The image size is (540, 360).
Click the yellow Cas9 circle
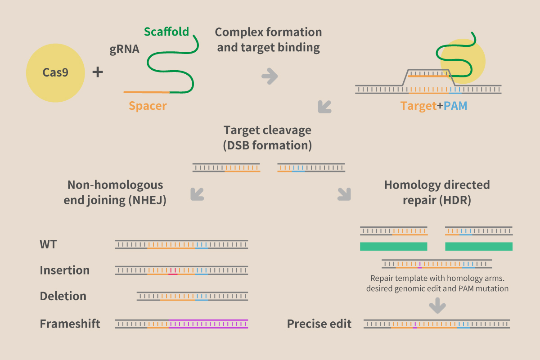[x=55, y=73]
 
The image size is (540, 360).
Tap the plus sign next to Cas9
[x=98, y=72]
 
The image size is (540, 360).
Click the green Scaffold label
[x=166, y=32]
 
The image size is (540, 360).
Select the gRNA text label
[x=124, y=49]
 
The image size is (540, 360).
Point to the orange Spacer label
[x=148, y=106]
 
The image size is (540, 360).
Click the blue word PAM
[x=455, y=106]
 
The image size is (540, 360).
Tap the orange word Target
[x=418, y=106]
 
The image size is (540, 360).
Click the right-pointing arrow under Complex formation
[x=270, y=76]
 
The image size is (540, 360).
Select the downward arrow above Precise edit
[x=437, y=306]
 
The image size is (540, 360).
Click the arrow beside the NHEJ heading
[x=197, y=194]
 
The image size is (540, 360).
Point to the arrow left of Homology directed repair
[x=344, y=194]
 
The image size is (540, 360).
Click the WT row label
[x=48, y=244]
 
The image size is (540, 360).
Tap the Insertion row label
[x=65, y=270]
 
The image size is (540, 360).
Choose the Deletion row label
[x=63, y=296]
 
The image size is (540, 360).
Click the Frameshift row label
[x=70, y=324]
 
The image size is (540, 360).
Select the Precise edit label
[x=319, y=324]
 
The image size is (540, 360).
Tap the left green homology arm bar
[x=394, y=247]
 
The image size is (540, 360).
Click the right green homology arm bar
[x=479, y=247]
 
